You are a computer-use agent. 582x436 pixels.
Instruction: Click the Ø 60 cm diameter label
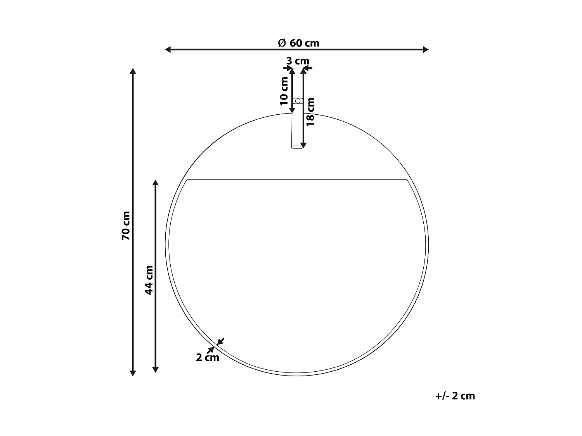point(299,43)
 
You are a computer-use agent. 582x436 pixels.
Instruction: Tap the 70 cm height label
point(126,226)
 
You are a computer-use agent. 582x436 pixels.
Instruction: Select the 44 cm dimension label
point(149,280)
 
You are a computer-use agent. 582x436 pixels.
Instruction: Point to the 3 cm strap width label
point(298,61)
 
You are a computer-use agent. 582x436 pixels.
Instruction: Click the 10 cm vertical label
point(284,91)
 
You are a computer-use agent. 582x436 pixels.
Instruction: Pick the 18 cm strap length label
point(310,112)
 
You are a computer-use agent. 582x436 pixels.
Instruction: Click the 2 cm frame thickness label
point(207,357)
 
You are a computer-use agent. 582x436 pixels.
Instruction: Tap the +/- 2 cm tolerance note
point(455,396)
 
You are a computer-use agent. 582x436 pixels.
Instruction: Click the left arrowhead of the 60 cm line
point(168,49)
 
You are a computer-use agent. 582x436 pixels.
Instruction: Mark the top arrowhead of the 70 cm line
point(133,71)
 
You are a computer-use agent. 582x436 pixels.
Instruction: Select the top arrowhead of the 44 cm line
point(156,183)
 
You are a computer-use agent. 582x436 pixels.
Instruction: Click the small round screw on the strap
point(298,101)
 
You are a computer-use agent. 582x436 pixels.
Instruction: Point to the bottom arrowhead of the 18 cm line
point(303,145)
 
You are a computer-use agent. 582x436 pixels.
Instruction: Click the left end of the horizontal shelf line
point(187,180)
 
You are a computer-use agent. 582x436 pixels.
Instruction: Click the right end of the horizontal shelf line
point(407,180)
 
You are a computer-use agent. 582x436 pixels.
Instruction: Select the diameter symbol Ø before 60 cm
point(282,43)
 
